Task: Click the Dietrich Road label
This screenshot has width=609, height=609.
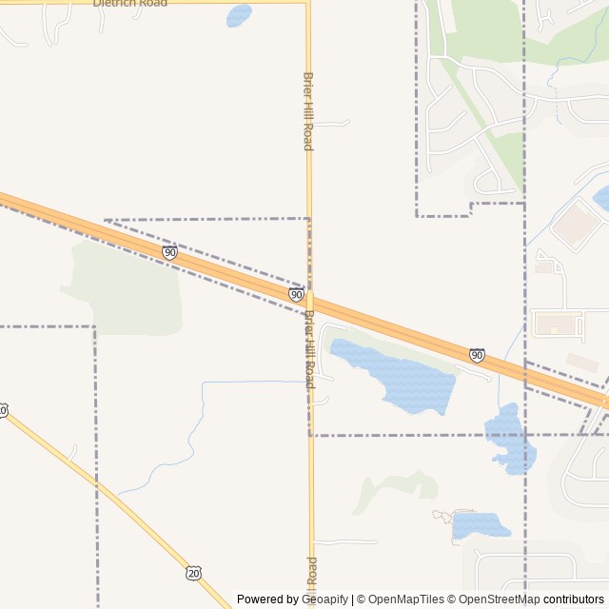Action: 129,4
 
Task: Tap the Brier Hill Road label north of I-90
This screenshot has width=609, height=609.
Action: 307,110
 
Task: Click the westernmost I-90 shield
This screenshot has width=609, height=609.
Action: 169,252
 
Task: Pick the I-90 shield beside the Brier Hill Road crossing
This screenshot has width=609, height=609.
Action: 297,295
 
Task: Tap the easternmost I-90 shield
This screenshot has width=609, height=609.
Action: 477,355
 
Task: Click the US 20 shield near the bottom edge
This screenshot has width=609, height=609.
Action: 194,572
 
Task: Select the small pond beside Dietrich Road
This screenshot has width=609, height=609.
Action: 239,15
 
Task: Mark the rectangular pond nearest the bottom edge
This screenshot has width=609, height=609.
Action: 478,525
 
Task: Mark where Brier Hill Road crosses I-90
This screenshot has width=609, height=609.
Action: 309,301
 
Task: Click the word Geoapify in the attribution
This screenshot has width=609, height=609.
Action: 325,599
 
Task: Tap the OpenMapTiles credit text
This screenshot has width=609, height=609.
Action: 405,599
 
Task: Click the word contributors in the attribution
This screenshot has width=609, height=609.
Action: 574,599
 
